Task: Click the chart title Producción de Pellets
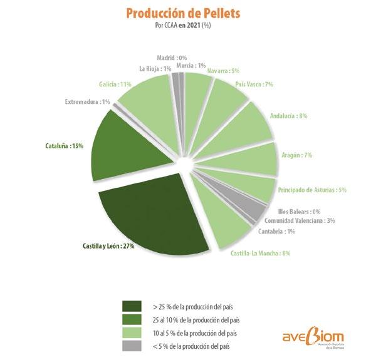tap(183, 13)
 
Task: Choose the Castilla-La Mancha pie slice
tap(222, 219)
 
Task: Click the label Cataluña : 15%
tap(64, 147)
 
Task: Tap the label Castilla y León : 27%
tap(108, 246)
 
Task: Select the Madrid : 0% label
tap(172, 58)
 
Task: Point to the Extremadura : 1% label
tap(87, 102)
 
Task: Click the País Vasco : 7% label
tap(254, 84)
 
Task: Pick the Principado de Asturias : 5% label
tap(312, 190)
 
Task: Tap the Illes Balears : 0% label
tap(299, 212)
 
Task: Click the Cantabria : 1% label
tap(276, 232)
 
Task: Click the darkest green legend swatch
tap(132, 306)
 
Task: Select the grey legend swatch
tap(132, 346)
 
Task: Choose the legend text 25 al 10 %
tap(165, 320)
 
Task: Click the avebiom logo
tap(313, 337)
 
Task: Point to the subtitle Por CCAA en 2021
tap(177, 25)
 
